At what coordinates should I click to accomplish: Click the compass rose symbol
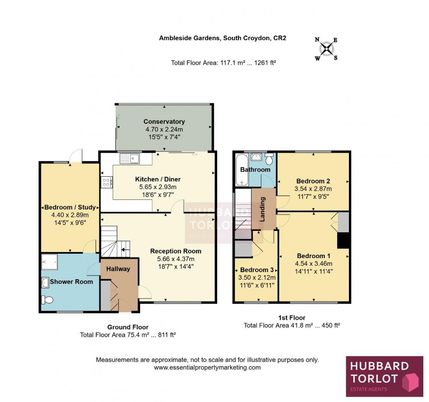[x=326, y=49]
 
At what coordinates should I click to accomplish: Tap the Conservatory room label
[x=164, y=122]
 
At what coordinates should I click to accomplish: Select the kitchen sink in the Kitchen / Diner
[x=129, y=158]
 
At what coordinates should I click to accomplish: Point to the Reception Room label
[x=176, y=251]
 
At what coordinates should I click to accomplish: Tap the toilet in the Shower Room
[x=46, y=300]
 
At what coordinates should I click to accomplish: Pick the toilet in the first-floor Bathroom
[x=268, y=158]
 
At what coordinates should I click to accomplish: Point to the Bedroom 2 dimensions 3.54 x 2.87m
[x=313, y=189]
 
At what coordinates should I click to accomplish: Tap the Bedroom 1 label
[x=313, y=256]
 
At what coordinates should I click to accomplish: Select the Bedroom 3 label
[x=256, y=269]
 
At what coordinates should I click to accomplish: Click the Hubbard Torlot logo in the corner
[x=384, y=376]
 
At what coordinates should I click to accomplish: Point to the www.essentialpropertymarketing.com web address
[x=207, y=367]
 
